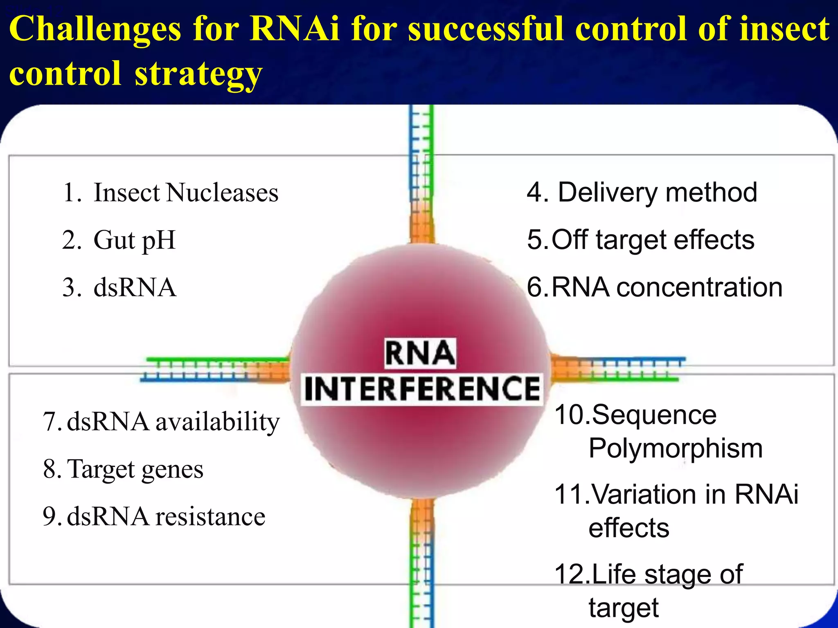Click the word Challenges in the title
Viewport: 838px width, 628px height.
point(95,29)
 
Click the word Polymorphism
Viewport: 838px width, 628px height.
point(676,449)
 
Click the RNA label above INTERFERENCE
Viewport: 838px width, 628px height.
point(420,353)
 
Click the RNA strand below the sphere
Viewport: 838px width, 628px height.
point(421,564)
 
